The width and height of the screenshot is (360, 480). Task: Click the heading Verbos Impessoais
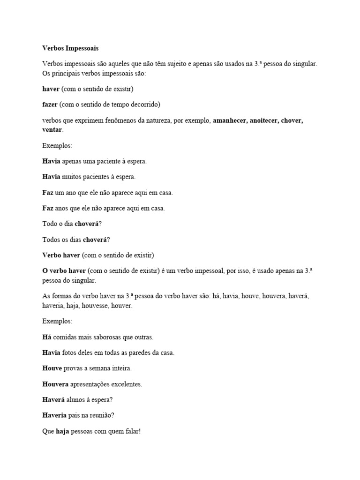pyautogui.click(x=70, y=48)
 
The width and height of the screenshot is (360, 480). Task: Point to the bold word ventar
pyautogui.click(x=52, y=129)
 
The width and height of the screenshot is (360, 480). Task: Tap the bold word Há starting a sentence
pyautogui.click(x=46, y=337)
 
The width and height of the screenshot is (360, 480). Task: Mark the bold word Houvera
pyautogui.click(x=55, y=384)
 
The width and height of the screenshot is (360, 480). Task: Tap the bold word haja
pyautogui.click(x=62, y=432)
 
